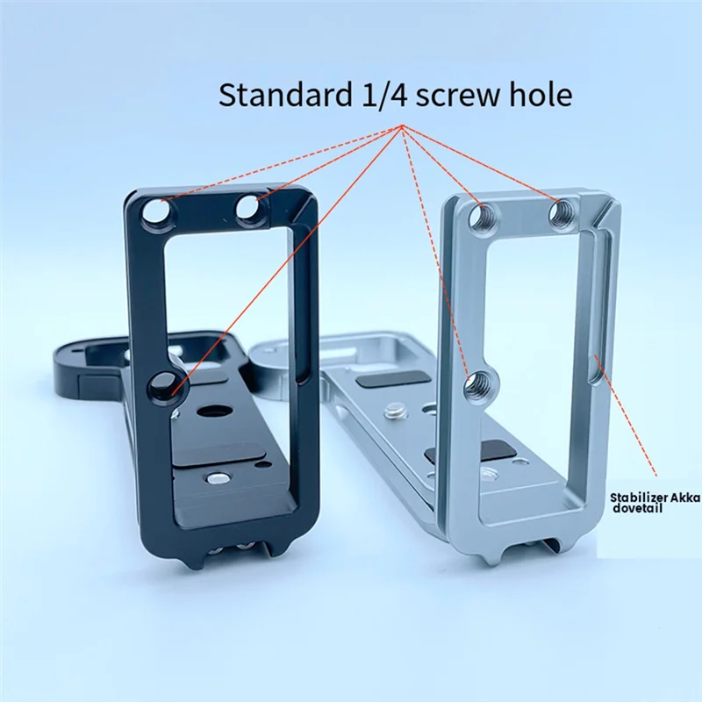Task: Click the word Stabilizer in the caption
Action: click(x=638, y=497)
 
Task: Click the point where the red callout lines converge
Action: click(x=403, y=126)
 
